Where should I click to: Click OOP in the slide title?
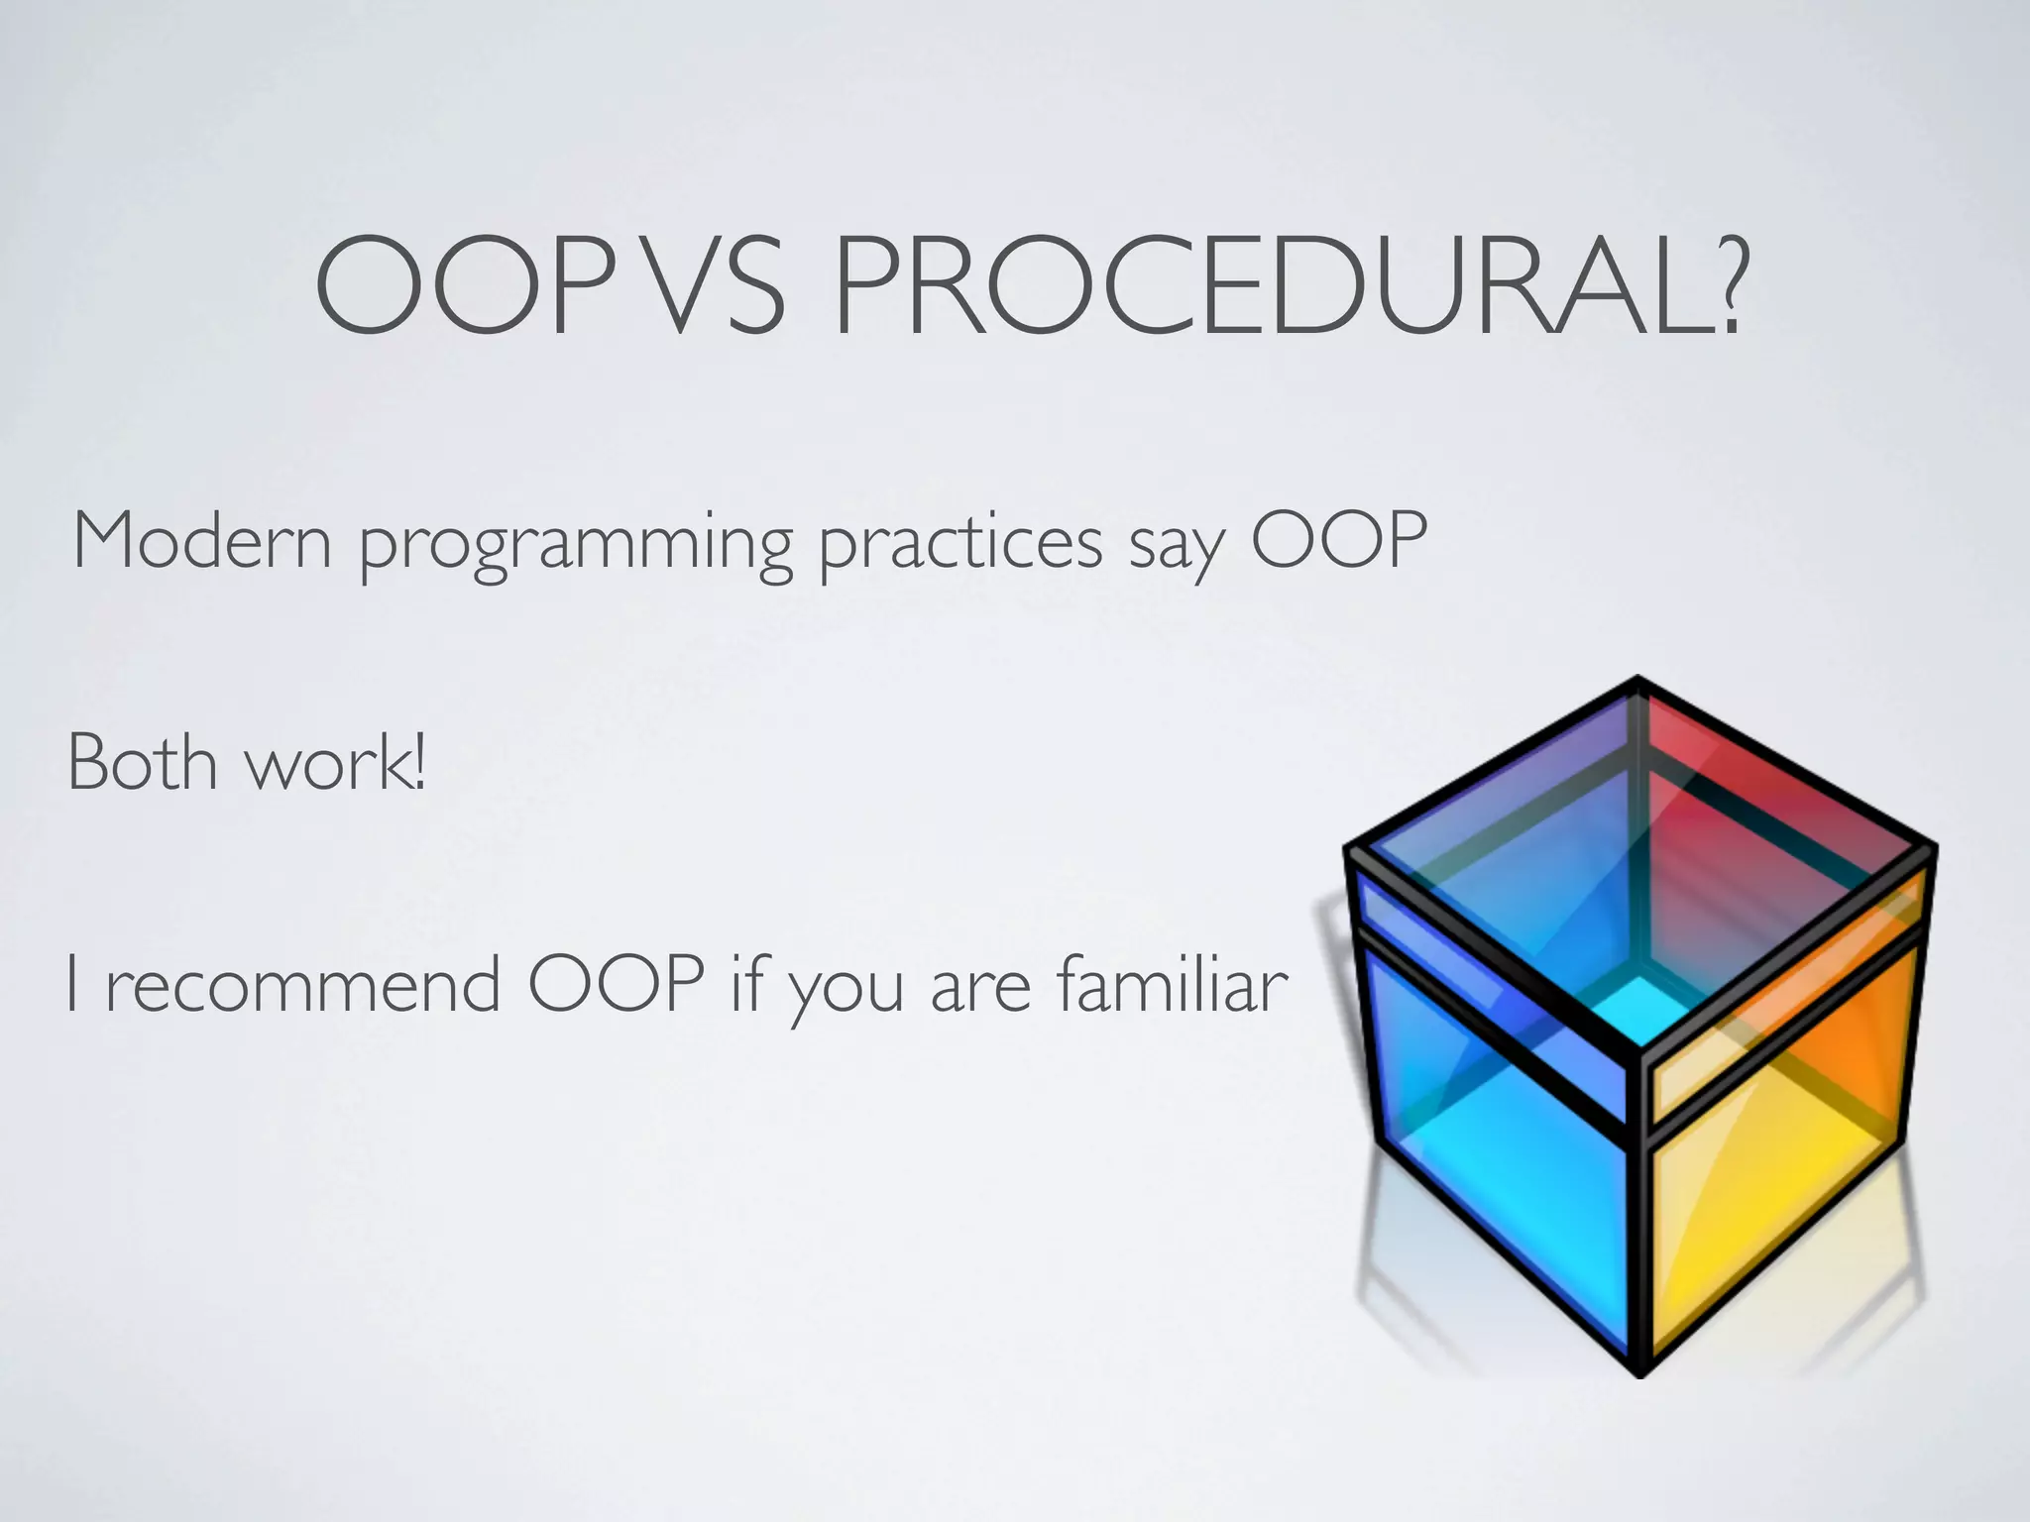(x=466, y=285)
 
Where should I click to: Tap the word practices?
(x=959, y=545)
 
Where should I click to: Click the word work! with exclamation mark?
(x=336, y=765)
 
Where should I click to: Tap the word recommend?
(x=302, y=985)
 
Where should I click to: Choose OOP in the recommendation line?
(x=616, y=985)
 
